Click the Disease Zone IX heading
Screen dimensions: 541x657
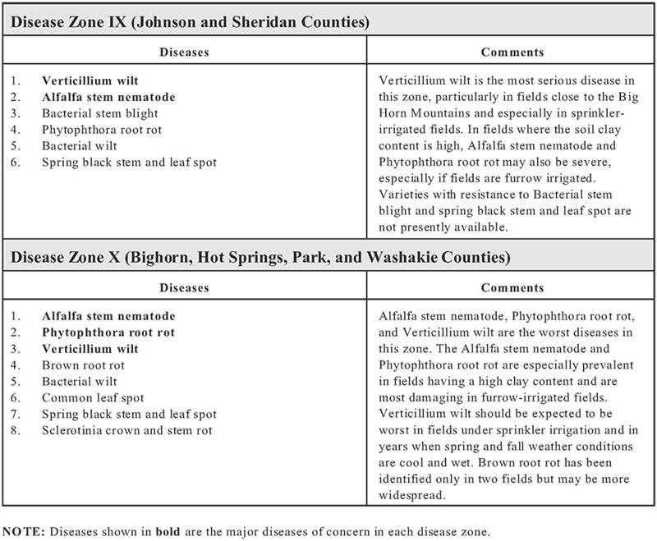click(190, 22)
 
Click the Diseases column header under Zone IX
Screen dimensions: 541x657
click(184, 53)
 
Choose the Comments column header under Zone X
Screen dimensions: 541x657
click(512, 288)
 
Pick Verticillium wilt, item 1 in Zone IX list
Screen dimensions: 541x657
click(90, 81)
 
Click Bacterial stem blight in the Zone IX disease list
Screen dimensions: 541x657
click(99, 113)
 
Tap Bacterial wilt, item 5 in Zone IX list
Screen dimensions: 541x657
click(79, 146)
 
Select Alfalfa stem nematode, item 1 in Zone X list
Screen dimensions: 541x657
click(108, 316)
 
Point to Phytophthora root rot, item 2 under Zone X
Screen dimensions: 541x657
click(108, 332)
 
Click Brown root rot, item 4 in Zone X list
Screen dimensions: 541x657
click(82, 365)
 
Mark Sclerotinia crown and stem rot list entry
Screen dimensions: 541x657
click(126, 430)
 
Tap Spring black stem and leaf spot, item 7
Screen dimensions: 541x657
click(129, 415)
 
